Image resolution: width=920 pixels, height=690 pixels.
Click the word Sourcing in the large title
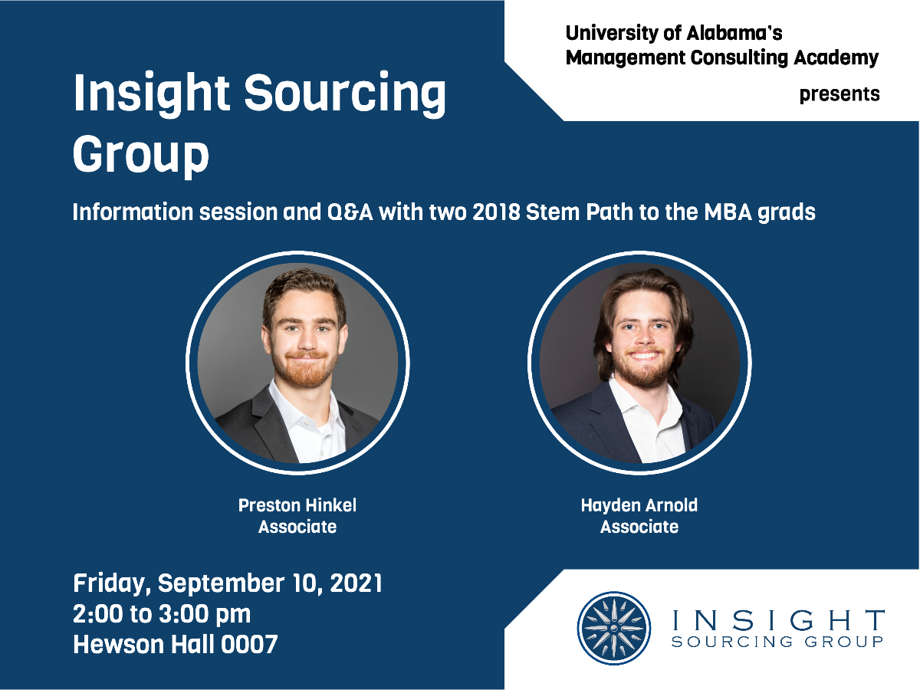[x=344, y=94]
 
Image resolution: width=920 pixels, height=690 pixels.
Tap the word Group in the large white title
[x=141, y=155]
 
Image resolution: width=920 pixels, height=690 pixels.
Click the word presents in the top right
[x=839, y=94]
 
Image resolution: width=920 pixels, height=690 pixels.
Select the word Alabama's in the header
[x=734, y=34]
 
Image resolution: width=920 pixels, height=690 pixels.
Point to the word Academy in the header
[x=836, y=58]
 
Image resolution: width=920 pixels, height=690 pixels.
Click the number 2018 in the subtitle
[x=496, y=212]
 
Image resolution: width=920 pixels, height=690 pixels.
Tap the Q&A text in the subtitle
[x=350, y=212]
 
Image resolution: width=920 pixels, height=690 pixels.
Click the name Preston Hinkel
[x=297, y=505]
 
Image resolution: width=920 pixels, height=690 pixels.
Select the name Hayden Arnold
[x=639, y=506]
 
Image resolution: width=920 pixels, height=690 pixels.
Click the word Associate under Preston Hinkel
[x=297, y=527]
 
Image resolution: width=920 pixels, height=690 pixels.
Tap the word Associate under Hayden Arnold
[x=639, y=527]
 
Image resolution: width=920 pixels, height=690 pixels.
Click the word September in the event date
[x=221, y=584]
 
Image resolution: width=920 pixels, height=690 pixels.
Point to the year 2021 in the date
[x=356, y=583]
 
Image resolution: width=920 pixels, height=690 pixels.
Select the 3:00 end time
[x=183, y=614]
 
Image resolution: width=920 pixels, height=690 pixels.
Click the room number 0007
[x=249, y=644]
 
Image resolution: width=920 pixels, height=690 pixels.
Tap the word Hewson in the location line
[x=119, y=644]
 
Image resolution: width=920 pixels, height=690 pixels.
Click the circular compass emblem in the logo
[x=613, y=628]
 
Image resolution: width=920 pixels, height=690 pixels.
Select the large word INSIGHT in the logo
[x=778, y=620]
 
